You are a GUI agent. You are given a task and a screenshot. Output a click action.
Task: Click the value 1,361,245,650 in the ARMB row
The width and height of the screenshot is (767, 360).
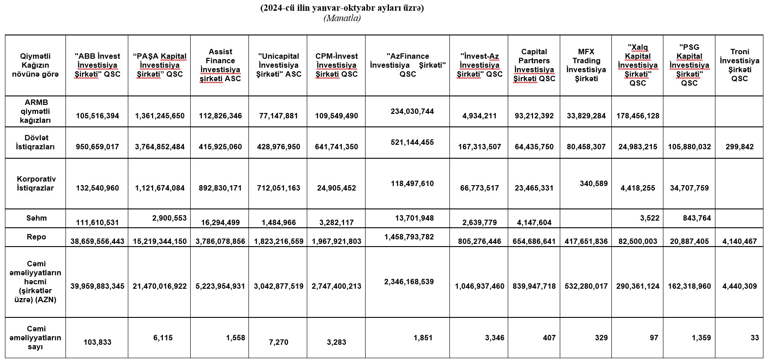coord(160,116)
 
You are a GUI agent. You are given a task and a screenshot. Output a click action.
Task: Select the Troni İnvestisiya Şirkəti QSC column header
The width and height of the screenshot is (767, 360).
coord(739,65)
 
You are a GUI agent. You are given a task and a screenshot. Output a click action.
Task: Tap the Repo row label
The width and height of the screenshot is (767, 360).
coord(36,237)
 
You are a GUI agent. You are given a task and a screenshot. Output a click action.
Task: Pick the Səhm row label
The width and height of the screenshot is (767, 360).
coord(36,218)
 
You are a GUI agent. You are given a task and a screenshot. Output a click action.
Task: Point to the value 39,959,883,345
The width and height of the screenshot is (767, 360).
coord(97,286)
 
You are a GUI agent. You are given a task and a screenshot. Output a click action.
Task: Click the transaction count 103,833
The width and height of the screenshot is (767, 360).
coord(97,342)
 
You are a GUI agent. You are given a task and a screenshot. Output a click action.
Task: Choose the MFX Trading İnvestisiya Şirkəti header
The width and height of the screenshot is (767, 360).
coord(586,65)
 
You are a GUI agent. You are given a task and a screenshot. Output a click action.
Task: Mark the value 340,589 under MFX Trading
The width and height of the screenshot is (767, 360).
coord(593,183)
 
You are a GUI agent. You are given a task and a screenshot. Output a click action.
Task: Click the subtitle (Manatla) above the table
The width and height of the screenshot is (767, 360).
coord(342,18)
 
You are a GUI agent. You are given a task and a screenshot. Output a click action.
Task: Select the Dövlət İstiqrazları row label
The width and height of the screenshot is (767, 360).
coord(36,142)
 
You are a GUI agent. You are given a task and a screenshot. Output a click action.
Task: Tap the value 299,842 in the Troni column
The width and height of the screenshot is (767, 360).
coord(739,147)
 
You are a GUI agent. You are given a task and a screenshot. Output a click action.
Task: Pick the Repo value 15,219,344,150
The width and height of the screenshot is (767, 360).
coord(160,241)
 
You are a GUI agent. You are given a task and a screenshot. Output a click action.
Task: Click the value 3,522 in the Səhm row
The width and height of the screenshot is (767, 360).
coord(649,218)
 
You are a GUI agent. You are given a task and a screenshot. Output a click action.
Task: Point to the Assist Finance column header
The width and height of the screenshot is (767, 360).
coord(220,65)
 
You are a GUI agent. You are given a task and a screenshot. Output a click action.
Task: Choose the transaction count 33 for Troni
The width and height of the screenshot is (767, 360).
coord(754,338)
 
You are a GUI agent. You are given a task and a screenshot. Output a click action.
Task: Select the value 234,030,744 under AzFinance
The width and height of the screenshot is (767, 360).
coord(412,111)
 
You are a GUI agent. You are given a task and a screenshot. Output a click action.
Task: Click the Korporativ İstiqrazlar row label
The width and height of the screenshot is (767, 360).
coord(36,183)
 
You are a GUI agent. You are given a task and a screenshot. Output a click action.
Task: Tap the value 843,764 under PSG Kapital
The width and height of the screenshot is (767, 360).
coord(697,218)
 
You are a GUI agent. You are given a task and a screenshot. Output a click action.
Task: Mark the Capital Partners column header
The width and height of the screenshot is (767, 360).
coord(534,65)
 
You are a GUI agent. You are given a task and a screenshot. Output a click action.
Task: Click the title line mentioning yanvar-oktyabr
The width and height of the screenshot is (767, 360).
coord(342,8)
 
